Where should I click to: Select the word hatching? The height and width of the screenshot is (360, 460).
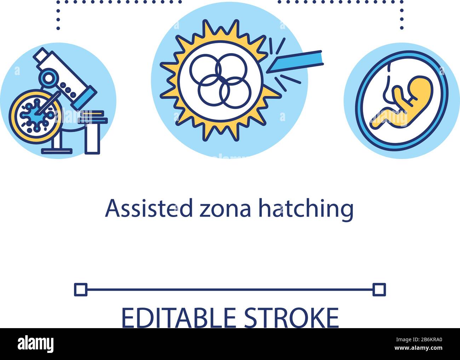[x=306, y=209]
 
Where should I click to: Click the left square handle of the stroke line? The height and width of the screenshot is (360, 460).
[x=80, y=289]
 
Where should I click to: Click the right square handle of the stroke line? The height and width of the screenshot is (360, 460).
[x=379, y=289]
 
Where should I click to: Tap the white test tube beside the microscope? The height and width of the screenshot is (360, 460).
[x=93, y=138]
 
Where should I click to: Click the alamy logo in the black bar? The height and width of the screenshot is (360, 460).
[x=35, y=344]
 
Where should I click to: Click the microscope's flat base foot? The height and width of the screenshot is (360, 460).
[x=57, y=151]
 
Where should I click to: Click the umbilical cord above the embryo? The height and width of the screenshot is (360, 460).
[x=387, y=88]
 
